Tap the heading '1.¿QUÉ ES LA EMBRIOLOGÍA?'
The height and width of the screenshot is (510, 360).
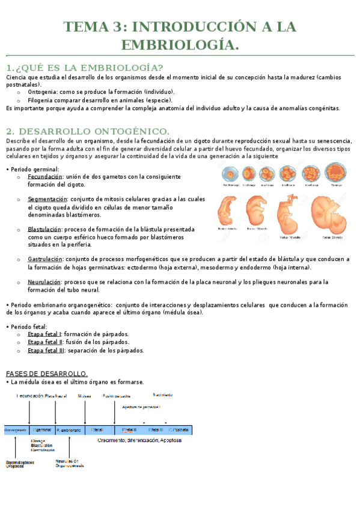tap(85, 67)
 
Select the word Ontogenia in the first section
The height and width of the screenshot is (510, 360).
tap(43, 92)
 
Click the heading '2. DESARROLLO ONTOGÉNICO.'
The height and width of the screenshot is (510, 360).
tap(88, 131)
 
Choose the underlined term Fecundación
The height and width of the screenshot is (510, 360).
tap(45, 177)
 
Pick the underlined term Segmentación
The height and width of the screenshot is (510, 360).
tap(47, 199)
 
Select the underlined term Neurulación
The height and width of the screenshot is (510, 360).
tap(44, 281)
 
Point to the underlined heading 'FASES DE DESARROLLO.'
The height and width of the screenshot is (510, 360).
tap(46, 373)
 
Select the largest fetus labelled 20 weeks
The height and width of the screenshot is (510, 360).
tap(330, 211)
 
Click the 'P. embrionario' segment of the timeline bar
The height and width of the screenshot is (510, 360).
tap(71, 430)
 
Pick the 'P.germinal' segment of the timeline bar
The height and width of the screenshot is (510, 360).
tap(41, 430)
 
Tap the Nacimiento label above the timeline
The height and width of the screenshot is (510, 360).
tap(163, 395)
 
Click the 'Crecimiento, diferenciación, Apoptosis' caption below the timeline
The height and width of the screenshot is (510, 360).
tap(139, 440)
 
